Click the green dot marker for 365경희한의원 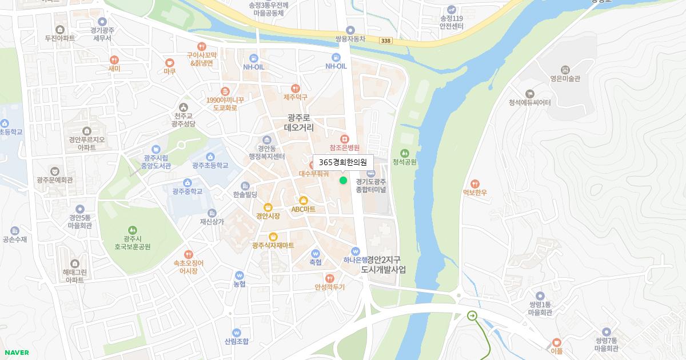click(343, 181)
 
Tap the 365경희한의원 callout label click(343, 162)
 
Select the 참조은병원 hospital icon click(344, 138)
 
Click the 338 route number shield click(385, 41)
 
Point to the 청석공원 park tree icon click(405, 153)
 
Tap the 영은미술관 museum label click(565, 79)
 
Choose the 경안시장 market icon click(268, 207)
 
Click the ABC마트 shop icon click(304, 201)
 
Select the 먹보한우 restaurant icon click(475, 183)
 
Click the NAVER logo click(17, 353)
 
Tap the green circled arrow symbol click(472, 315)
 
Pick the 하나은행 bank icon click(356, 251)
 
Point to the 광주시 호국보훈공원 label click(132, 243)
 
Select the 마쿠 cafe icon click(169, 62)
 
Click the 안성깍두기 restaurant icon click(329, 278)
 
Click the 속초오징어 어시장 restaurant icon click(189, 254)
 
